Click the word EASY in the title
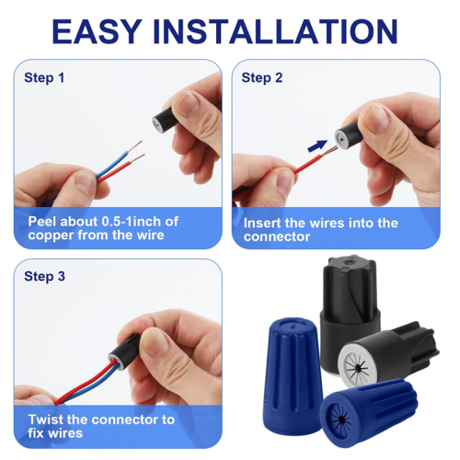pos(97,31)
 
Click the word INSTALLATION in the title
pos(275,31)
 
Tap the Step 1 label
pos(44,78)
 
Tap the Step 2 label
pos(262,78)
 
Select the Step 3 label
pos(44,276)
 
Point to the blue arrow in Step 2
pos(317,145)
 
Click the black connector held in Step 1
pos(166,121)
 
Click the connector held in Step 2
pos(349,136)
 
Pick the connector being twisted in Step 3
pos(124,351)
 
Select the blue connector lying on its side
pos(368,412)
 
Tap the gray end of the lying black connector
pos(356,364)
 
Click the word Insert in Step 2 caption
pos(262,223)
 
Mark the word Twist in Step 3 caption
pos(46,420)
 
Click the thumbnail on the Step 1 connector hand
pos(188,105)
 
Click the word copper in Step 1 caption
pos(51,236)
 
